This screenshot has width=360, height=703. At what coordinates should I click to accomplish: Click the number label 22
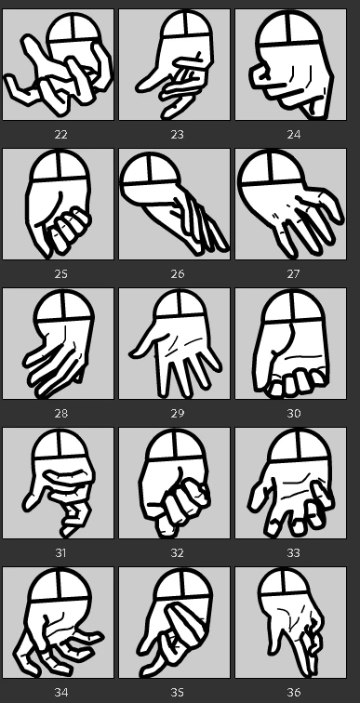pos(60,135)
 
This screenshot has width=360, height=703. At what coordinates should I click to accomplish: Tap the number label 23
pos(177,135)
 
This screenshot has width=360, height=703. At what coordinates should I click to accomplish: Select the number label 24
pos(293,135)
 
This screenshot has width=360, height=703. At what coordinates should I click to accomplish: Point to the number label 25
pos(60,274)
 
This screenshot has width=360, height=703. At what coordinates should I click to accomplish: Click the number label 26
pos(177,274)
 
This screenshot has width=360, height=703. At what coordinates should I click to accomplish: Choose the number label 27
pos(293,274)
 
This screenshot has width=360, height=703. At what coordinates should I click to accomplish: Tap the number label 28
pos(60,414)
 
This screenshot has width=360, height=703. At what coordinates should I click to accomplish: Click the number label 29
pos(177,414)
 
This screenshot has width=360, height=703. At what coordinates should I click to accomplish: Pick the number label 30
pos(293,414)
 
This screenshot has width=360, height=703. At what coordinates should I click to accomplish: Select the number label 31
pos(60,552)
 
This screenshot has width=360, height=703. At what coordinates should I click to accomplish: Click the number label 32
pos(177,552)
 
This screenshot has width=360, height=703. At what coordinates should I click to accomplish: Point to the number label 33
pos(293,552)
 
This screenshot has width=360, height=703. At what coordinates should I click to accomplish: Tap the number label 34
pos(60,692)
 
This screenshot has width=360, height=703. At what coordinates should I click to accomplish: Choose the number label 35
pos(177,692)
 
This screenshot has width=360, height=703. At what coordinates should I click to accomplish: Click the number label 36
pos(293,692)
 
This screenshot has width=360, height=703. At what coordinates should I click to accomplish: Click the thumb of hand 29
pos(142,346)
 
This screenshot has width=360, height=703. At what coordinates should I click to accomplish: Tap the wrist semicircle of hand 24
pos(290,28)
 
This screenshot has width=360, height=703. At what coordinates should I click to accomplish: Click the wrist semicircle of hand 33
pos(299,445)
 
